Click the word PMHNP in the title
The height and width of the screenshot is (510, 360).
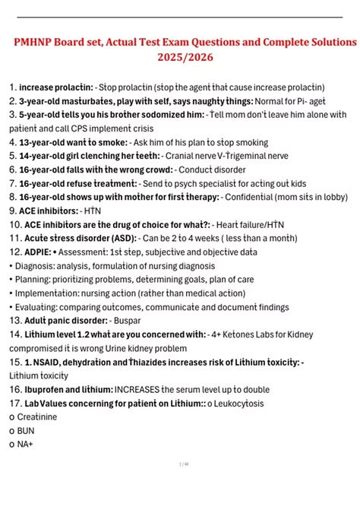pyautogui.click(x=37, y=40)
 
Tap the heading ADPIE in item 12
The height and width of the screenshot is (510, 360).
pyautogui.click(x=39, y=251)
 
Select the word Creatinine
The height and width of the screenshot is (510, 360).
pyautogui.click(x=36, y=417)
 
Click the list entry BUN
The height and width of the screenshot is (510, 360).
pyautogui.click(x=25, y=430)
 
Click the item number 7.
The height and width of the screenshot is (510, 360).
pyautogui.click(x=11, y=182)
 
